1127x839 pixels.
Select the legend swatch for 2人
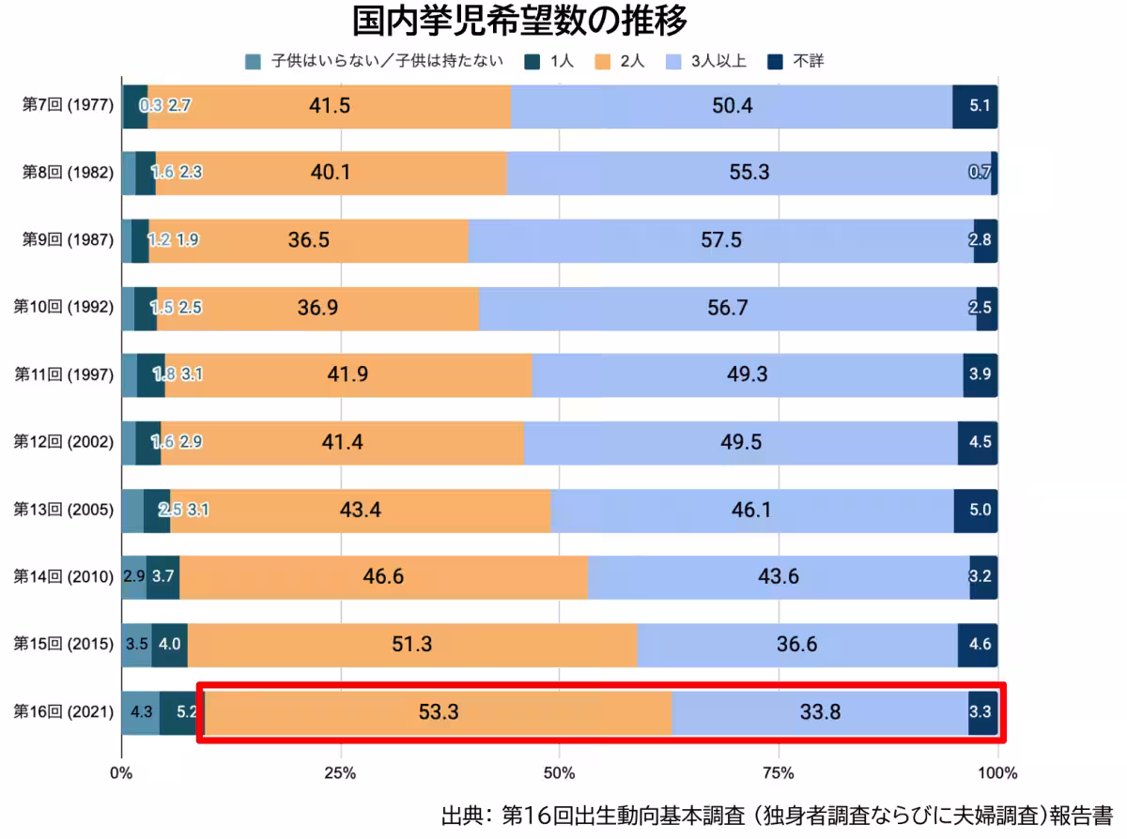tap(603, 62)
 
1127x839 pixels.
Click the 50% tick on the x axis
tap(559, 773)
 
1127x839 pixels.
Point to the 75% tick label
tap(779, 773)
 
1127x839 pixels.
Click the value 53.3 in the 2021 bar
tap(438, 712)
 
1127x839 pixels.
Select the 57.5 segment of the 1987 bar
tap(720, 239)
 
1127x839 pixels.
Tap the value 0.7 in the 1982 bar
tap(980, 173)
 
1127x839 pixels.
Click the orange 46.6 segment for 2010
tap(383, 576)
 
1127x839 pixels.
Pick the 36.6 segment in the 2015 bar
tap(796, 644)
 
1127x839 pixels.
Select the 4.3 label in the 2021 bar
tap(141, 712)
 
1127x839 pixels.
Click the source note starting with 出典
tap(776, 813)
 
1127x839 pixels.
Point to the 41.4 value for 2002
tap(342, 442)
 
